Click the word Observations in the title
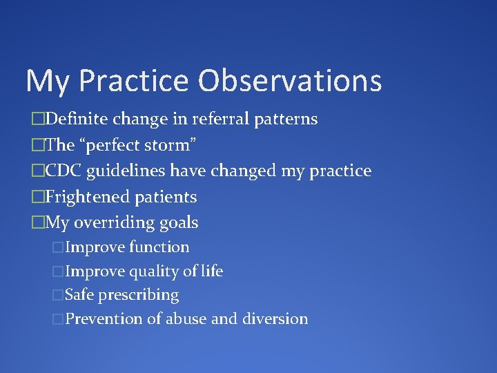pyautogui.click(x=289, y=80)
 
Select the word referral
pyautogui.click(x=215, y=119)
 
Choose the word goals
pyautogui.click(x=178, y=223)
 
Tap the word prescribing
pyautogui.click(x=138, y=296)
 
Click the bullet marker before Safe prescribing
pyautogui.click(x=58, y=296)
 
